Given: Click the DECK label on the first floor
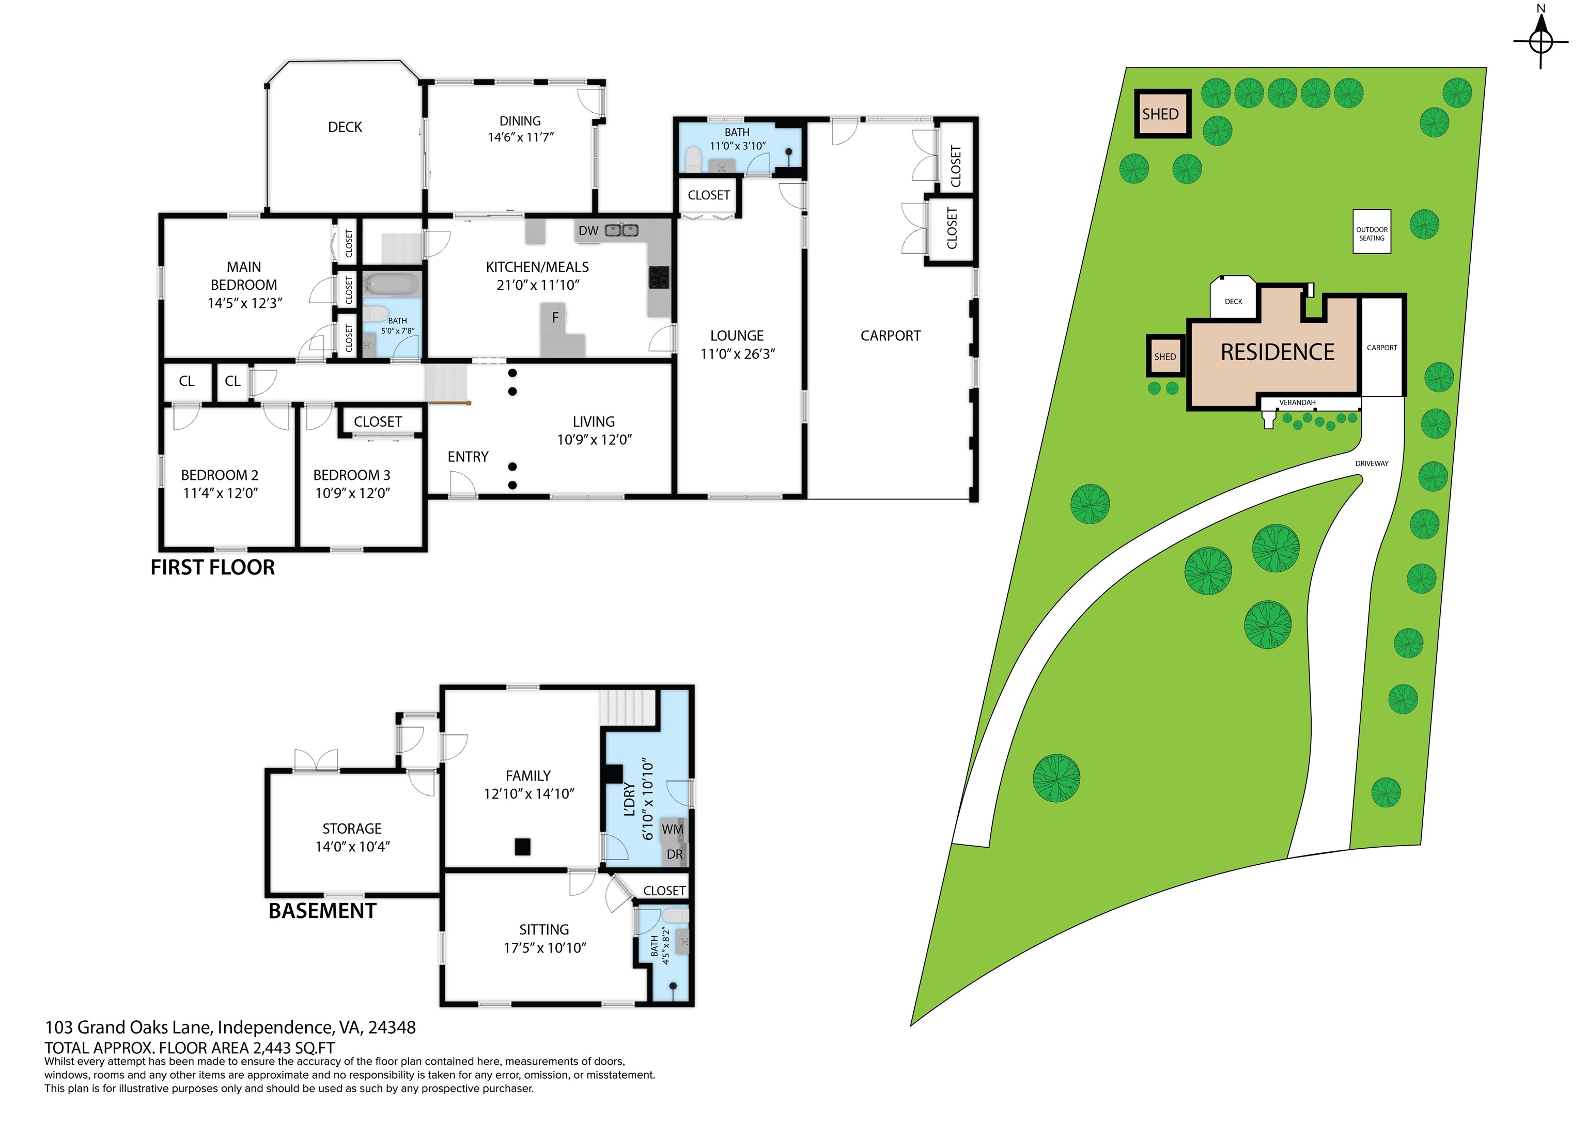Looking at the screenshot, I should [x=345, y=127].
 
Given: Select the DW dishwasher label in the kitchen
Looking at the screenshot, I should [x=588, y=231].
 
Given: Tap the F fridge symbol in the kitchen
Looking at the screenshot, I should [x=554, y=319].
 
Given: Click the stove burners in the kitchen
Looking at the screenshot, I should [x=659, y=277].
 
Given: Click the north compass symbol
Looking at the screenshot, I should [x=1541, y=41].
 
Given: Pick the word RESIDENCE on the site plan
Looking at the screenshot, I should [x=1278, y=353].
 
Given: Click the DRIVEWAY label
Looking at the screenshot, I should [x=1372, y=464].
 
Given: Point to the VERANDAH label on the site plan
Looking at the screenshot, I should [x=1297, y=402].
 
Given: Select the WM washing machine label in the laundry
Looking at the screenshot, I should [x=672, y=830].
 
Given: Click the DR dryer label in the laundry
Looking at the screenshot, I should [x=675, y=854].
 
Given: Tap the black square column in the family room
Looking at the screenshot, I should [x=523, y=846].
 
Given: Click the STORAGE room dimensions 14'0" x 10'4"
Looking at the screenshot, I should [x=352, y=847].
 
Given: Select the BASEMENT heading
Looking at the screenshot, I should [x=322, y=911].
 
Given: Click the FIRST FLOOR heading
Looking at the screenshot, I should [x=212, y=568].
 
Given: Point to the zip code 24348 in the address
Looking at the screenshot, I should [x=392, y=1028].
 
